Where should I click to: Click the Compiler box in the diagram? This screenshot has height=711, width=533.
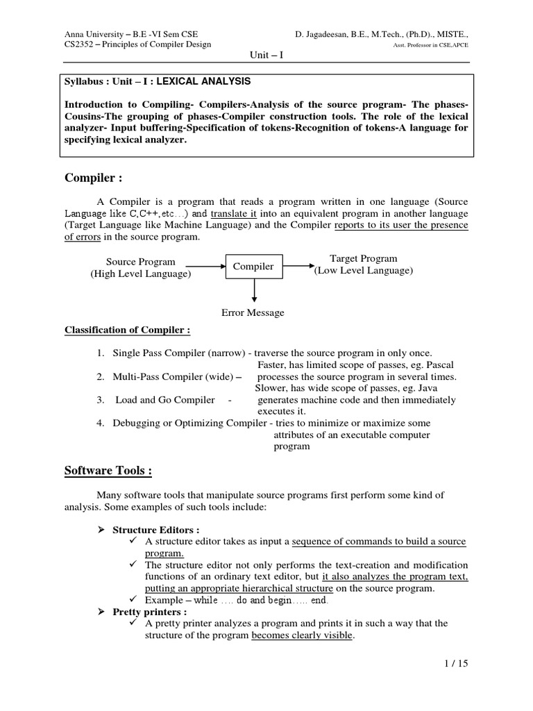point(253,267)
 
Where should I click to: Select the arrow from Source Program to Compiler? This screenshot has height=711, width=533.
point(206,266)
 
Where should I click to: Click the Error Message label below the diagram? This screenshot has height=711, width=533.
point(253,312)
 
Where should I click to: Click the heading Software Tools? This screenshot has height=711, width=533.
point(108,471)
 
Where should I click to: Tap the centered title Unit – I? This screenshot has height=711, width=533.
point(265,55)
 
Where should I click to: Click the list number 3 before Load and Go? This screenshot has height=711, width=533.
point(101,400)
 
